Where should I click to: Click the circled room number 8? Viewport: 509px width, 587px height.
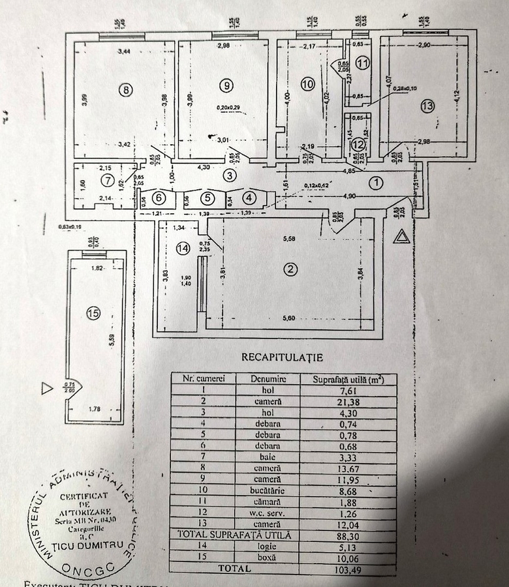tap(127, 90)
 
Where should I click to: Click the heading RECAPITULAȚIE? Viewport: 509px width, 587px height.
tap(282, 357)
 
